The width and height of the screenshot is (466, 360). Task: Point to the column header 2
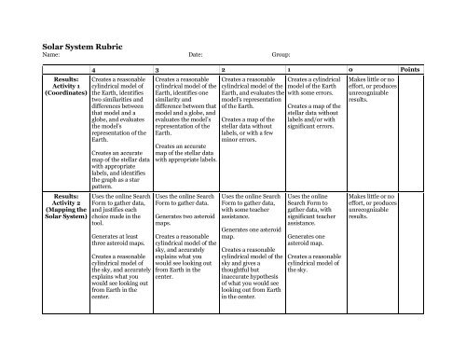point(224,70)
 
